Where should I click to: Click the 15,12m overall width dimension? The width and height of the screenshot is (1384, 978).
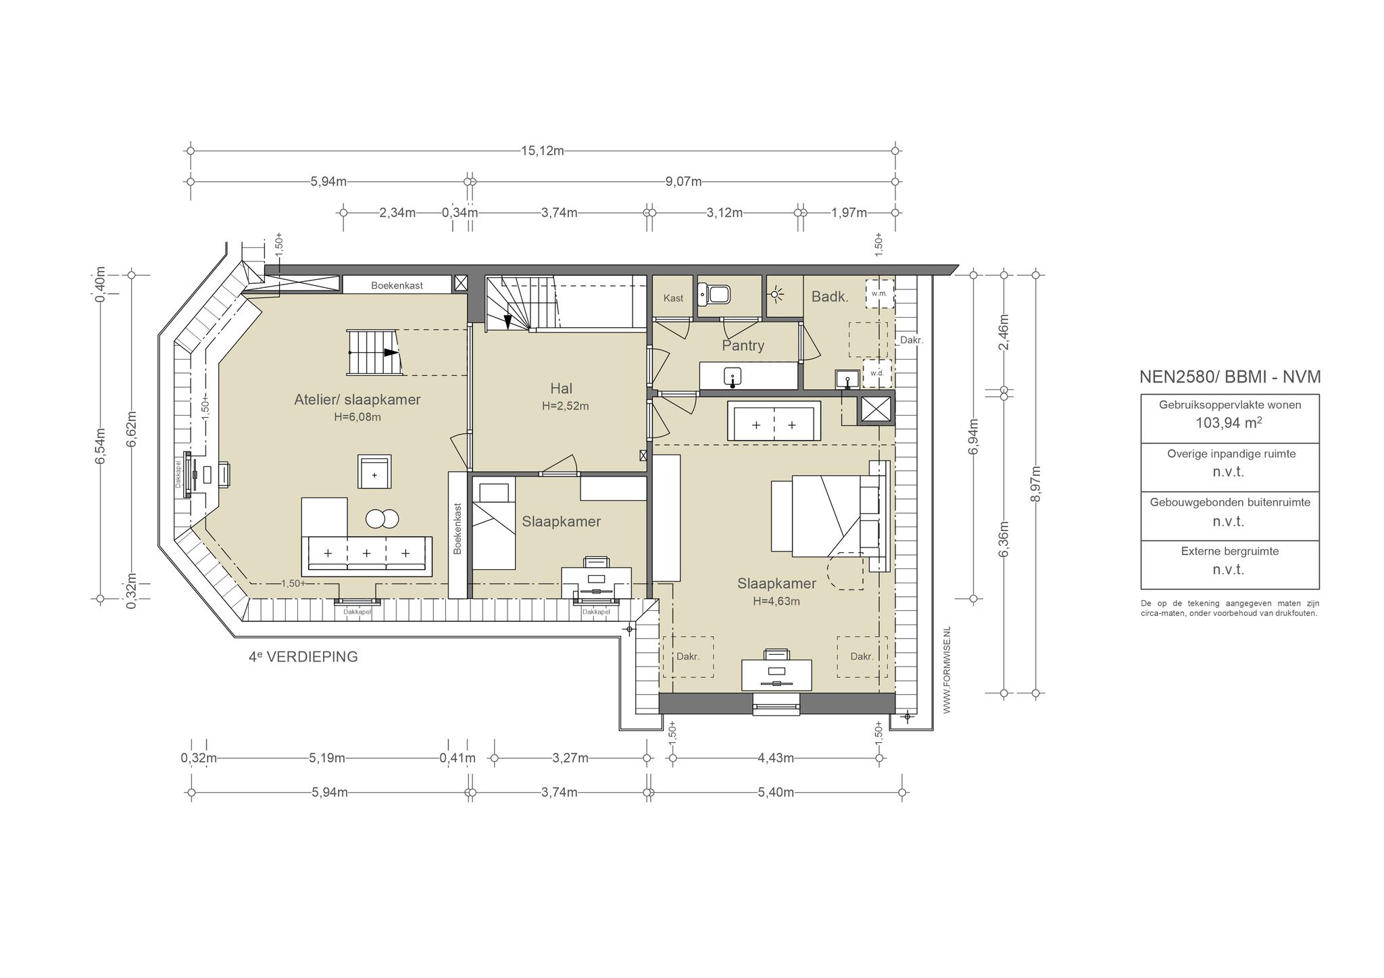coord(542,151)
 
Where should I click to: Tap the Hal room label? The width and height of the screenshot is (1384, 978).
coord(561,389)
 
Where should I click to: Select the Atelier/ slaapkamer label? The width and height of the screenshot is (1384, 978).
coord(357,399)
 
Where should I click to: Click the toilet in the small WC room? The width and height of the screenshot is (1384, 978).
coord(715,294)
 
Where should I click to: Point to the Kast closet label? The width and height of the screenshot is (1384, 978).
coord(673,298)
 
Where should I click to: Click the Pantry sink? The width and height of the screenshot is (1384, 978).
coord(732,376)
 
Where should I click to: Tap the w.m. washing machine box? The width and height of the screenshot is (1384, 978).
coord(879,294)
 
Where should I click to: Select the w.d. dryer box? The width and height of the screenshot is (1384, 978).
coord(877,373)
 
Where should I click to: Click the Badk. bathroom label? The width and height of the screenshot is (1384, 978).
coord(830,296)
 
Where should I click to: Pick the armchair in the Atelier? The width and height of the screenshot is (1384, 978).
coord(374,472)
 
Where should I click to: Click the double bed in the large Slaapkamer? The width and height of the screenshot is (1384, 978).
coord(829,516)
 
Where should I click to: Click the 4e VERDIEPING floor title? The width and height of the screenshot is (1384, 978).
coord(303,656)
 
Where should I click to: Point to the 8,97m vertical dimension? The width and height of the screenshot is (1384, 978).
coord(1035,484)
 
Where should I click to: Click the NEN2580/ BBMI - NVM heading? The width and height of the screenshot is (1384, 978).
coord(1230,377)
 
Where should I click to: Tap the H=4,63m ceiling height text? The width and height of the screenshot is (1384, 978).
coord(776,601)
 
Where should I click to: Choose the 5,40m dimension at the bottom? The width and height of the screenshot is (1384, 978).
coord(776,792)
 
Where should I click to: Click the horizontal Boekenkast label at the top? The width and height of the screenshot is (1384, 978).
coord(397,285)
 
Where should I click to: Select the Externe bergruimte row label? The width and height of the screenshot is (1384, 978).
coord(1230,552)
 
